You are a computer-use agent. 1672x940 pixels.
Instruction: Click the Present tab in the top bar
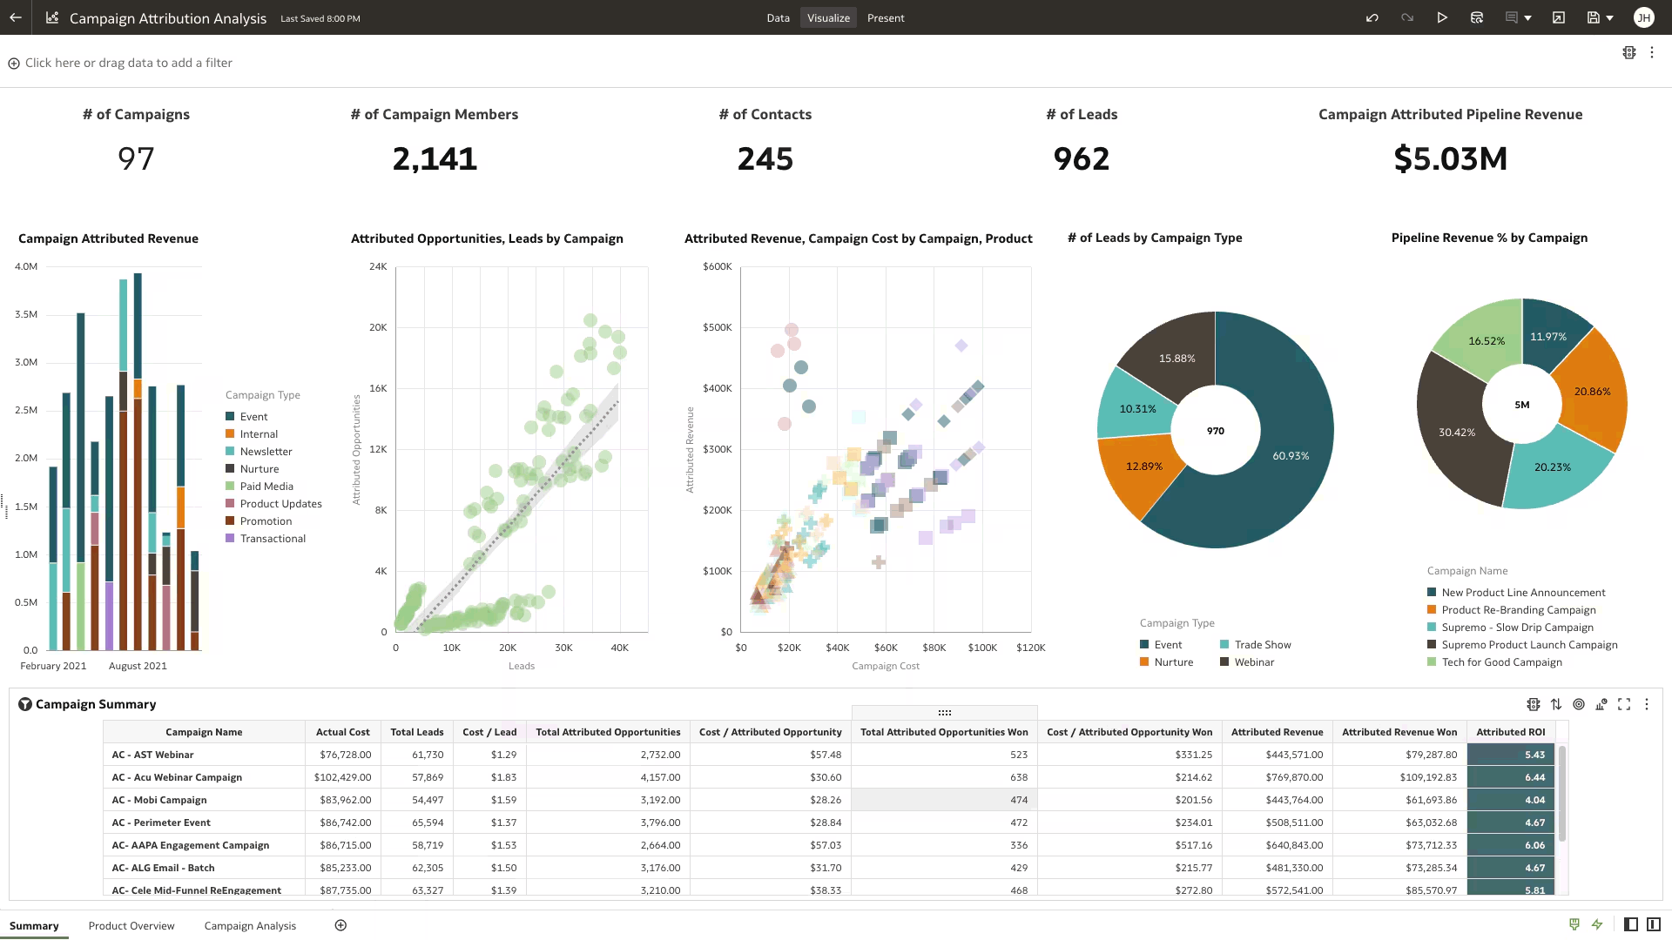885,17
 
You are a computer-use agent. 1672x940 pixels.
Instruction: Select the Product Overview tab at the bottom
131,925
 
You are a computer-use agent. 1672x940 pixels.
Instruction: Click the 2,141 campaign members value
435,158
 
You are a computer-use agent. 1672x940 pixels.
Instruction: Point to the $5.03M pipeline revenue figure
1450,158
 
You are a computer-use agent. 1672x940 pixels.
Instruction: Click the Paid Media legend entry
266,487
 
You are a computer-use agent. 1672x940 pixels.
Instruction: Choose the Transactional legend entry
273,539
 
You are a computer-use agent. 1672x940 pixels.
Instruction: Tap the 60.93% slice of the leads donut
1280,470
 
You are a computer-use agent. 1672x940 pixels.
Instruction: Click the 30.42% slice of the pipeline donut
1450,435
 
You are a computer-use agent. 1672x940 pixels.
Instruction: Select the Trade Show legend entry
1262,645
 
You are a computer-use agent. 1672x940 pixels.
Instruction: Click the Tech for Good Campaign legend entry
1501,662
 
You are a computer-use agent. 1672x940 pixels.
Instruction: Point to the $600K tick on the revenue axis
717,266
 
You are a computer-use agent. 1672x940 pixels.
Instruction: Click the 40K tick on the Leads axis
619,648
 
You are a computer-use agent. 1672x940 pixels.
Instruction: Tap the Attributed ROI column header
1510,732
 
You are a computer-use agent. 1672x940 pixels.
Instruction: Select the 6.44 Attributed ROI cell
1510,777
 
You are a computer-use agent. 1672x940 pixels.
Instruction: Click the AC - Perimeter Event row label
161,822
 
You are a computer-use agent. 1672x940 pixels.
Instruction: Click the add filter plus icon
14,64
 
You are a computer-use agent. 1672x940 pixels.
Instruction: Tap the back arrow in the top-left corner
16,17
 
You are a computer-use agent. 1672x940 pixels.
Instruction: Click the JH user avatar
1643,17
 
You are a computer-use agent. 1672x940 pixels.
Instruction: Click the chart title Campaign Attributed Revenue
108,238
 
